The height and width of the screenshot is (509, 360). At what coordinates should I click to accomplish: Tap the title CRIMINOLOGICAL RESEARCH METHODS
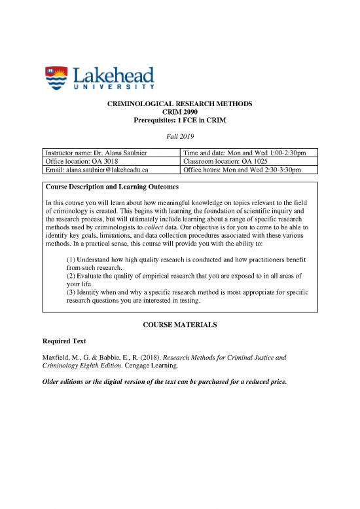pyautogui.click(x=179, y=104)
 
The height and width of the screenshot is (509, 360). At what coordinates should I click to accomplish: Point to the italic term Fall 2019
pyautogui.click(x=179, y=135)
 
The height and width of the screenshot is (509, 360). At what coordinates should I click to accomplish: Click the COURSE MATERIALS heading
pyautogui.click(x=179, y=326)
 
